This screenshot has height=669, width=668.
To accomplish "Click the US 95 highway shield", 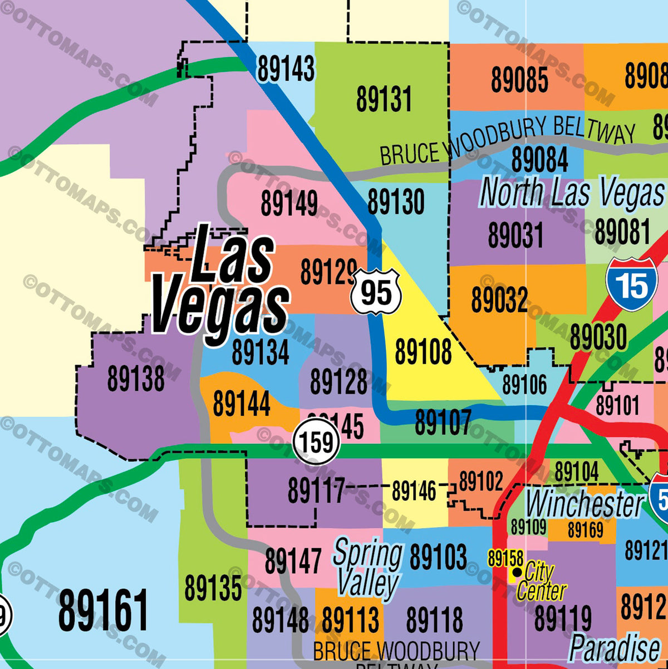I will [376, 292].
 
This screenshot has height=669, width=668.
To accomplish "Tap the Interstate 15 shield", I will [632, 284].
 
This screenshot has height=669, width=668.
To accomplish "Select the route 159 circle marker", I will [316, 442].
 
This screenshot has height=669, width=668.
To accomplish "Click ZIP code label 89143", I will [286, 70].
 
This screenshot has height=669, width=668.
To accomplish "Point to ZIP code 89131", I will [384, 100].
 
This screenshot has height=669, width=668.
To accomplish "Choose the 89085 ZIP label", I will [519, 80].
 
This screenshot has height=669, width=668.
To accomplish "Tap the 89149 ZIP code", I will [289, 204].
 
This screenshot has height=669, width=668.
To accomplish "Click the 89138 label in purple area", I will [136, 379].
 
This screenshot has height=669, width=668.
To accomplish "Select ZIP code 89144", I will [241, 404].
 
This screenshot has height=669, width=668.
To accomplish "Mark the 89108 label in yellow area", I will [423, 352].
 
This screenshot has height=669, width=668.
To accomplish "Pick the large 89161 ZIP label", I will [103, 611].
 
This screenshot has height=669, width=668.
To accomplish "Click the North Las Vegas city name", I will [572, 193].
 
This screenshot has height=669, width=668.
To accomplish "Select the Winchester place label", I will [584, 504].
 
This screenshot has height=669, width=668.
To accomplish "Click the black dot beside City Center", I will [517, 572].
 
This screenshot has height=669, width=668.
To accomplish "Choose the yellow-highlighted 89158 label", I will [505, 558].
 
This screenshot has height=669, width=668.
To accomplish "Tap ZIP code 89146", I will [414, 491].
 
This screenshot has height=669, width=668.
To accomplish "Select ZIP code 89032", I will [499, 300].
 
